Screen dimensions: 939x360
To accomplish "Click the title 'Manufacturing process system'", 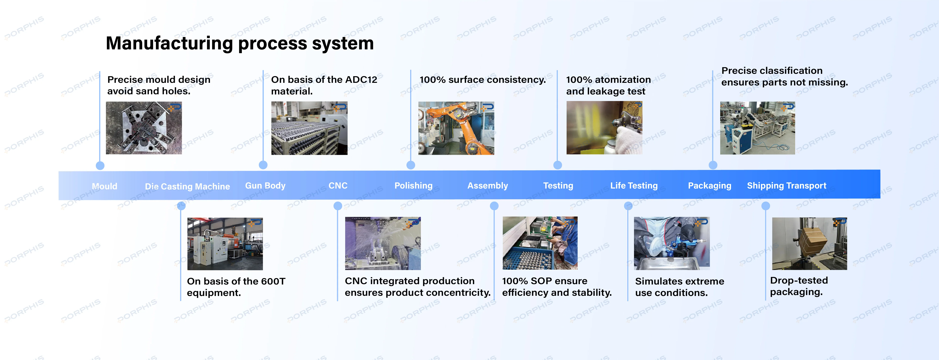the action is click(240, 43).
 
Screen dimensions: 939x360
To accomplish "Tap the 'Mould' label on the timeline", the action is click(105, 186).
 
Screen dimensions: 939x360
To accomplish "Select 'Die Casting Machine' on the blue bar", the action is click(187, 186).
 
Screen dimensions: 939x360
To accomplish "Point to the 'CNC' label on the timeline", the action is click(338, 186).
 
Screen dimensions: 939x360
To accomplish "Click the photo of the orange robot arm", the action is click(456, 128).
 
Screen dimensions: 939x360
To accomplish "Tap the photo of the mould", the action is click(144, 128).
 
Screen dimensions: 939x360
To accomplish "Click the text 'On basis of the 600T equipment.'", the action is click(236, 287).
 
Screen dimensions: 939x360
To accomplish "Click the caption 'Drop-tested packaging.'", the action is click(799, 286).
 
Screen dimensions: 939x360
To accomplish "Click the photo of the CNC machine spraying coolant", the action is click(383, 243).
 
